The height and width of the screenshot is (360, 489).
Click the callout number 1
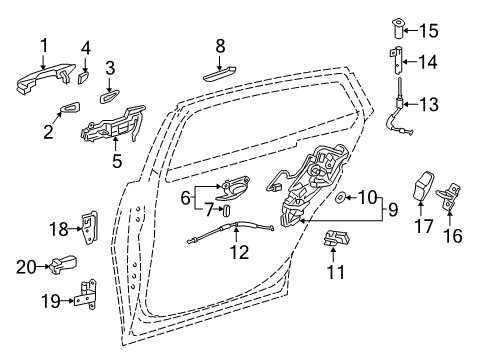click(x=44, y=46)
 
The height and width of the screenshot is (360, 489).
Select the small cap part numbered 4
click(x=83, y=77)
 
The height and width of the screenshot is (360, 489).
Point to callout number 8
click(x=220, y=46)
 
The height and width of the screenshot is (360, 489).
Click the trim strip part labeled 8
click(x=220, y=73)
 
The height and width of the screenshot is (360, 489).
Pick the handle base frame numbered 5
click(x=113, y=125)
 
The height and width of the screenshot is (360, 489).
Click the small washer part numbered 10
click(x=339, y=198)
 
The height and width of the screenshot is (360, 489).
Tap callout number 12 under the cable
click(x=239, y=252)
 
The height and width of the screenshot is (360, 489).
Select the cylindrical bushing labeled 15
click(x=397, y=30)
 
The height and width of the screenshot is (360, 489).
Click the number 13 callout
click(x=429, y=104)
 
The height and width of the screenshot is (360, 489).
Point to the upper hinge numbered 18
click(x=89, y=228)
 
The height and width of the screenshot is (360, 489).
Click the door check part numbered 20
click(x=64, y=264)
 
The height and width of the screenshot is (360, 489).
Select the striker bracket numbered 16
click(x=449, y=197)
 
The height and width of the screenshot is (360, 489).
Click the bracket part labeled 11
click(x=337, y=239)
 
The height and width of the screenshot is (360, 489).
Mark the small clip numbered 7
click(x=228, y=211)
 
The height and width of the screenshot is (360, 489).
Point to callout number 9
click(x=393, y=210)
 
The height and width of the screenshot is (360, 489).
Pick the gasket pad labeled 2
click(x=71, y=106)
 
